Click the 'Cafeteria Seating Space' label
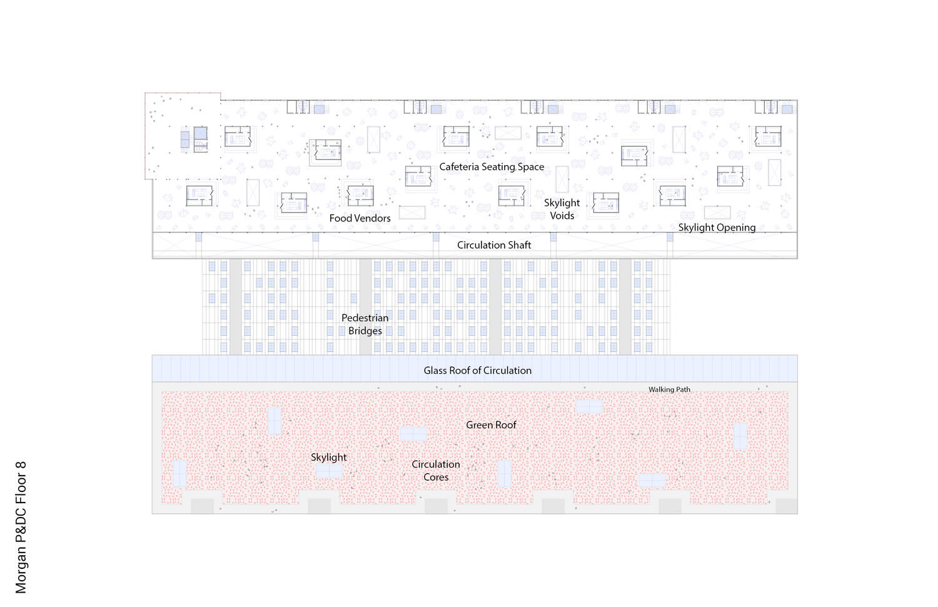click(x=492, y=167)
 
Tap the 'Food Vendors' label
click(x=360, y=218)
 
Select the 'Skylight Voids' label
click(x=562, y=209)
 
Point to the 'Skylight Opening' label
click(x=717, y=228)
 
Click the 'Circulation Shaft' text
click(x=494, y=245)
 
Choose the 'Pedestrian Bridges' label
click(x=365, y=324)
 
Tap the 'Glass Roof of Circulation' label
click(x=477, y=371)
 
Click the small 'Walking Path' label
click(x=669, y=389)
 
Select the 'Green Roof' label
click(x=491, y=425)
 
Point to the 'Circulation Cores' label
click(x=436, y=471)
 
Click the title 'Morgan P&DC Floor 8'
click(x=21, y=528)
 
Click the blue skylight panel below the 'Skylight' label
click(x=330, y=472)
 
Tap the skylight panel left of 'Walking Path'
click(x=589, y=406)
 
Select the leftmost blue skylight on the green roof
click(x=179, y=474)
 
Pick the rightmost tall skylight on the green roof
click(x=740, y=436)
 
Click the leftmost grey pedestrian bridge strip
click(x=235, y=307)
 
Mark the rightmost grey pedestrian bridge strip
click(x=625, y=307)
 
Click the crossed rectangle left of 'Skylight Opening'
click(x=717, y=213)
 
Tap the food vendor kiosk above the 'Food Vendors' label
click(x=360, y=196)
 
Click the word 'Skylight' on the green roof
click(x=329, y=458)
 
